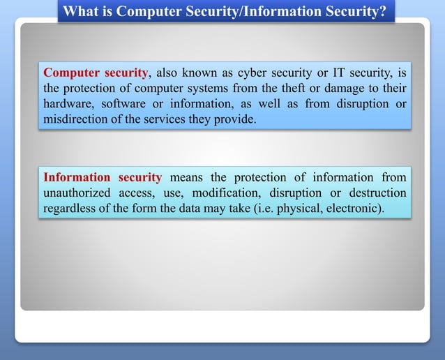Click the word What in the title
(80, 12)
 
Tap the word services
(183, 119)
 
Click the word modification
(225, 193)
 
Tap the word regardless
(68, 209)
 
